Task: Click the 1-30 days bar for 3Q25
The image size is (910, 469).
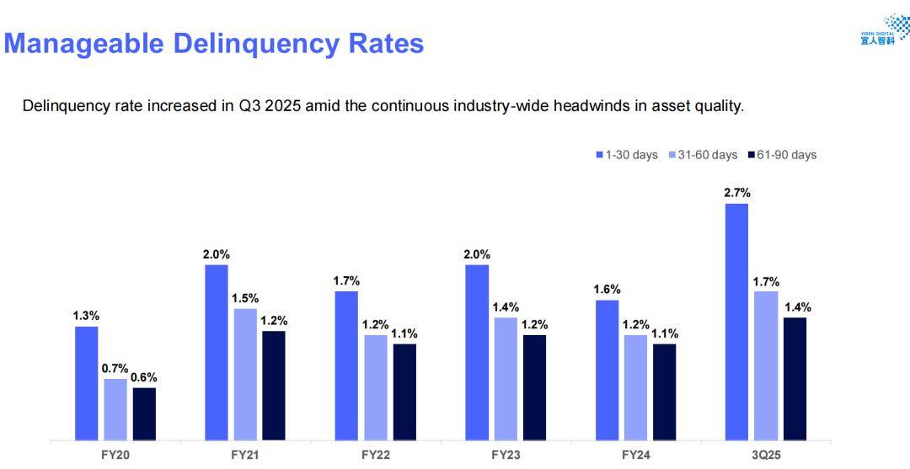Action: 736,322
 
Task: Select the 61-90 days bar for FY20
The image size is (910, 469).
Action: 144,413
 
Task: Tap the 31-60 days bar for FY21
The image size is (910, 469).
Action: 245,374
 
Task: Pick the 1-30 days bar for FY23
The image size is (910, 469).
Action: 476,352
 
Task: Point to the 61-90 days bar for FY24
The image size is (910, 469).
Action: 664,392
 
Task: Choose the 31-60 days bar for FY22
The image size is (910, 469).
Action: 376,387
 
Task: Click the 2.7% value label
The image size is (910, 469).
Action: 736,193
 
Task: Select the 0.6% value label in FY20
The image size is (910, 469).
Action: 144,377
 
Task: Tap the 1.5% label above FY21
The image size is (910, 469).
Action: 245,298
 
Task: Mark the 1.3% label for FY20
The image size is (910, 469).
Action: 86,316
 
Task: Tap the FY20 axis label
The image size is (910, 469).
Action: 115,455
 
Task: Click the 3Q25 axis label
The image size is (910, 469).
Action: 765,455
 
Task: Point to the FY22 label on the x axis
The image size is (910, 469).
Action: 375,455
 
